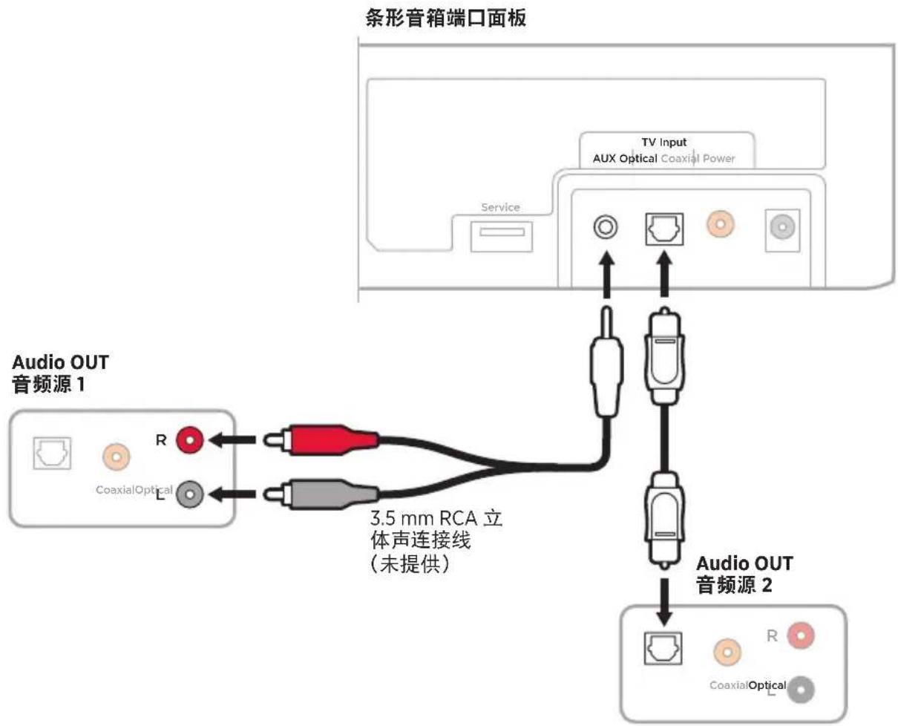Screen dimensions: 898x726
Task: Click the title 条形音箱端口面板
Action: coord(445,19)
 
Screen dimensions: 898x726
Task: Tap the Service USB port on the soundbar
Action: coord(501,237)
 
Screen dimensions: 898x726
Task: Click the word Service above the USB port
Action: coord(500,207)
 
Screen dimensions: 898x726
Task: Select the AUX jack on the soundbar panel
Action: coord(606,227)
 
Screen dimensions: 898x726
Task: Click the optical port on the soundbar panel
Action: coord(664,229)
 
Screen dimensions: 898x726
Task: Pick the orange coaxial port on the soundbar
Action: coord(721,224)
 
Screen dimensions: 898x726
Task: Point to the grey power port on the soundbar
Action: coord(782,227)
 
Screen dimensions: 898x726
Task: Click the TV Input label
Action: coord(664,142)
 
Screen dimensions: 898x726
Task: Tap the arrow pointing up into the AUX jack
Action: coord(606,275)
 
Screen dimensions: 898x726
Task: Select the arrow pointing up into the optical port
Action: coord(664,274)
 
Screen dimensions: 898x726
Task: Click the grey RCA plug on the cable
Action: coord(321,494)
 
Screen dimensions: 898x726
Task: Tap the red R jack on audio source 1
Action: coord(190,440)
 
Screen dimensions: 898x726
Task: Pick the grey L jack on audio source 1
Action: coord(190,494)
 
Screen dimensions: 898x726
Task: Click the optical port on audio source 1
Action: coord(52,454)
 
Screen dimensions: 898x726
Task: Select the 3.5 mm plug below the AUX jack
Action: coord(606,362)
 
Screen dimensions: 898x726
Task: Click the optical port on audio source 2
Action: coord(663,648)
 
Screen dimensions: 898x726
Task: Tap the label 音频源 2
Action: coord(734,585)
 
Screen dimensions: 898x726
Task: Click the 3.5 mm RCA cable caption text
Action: coord(436,541)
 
